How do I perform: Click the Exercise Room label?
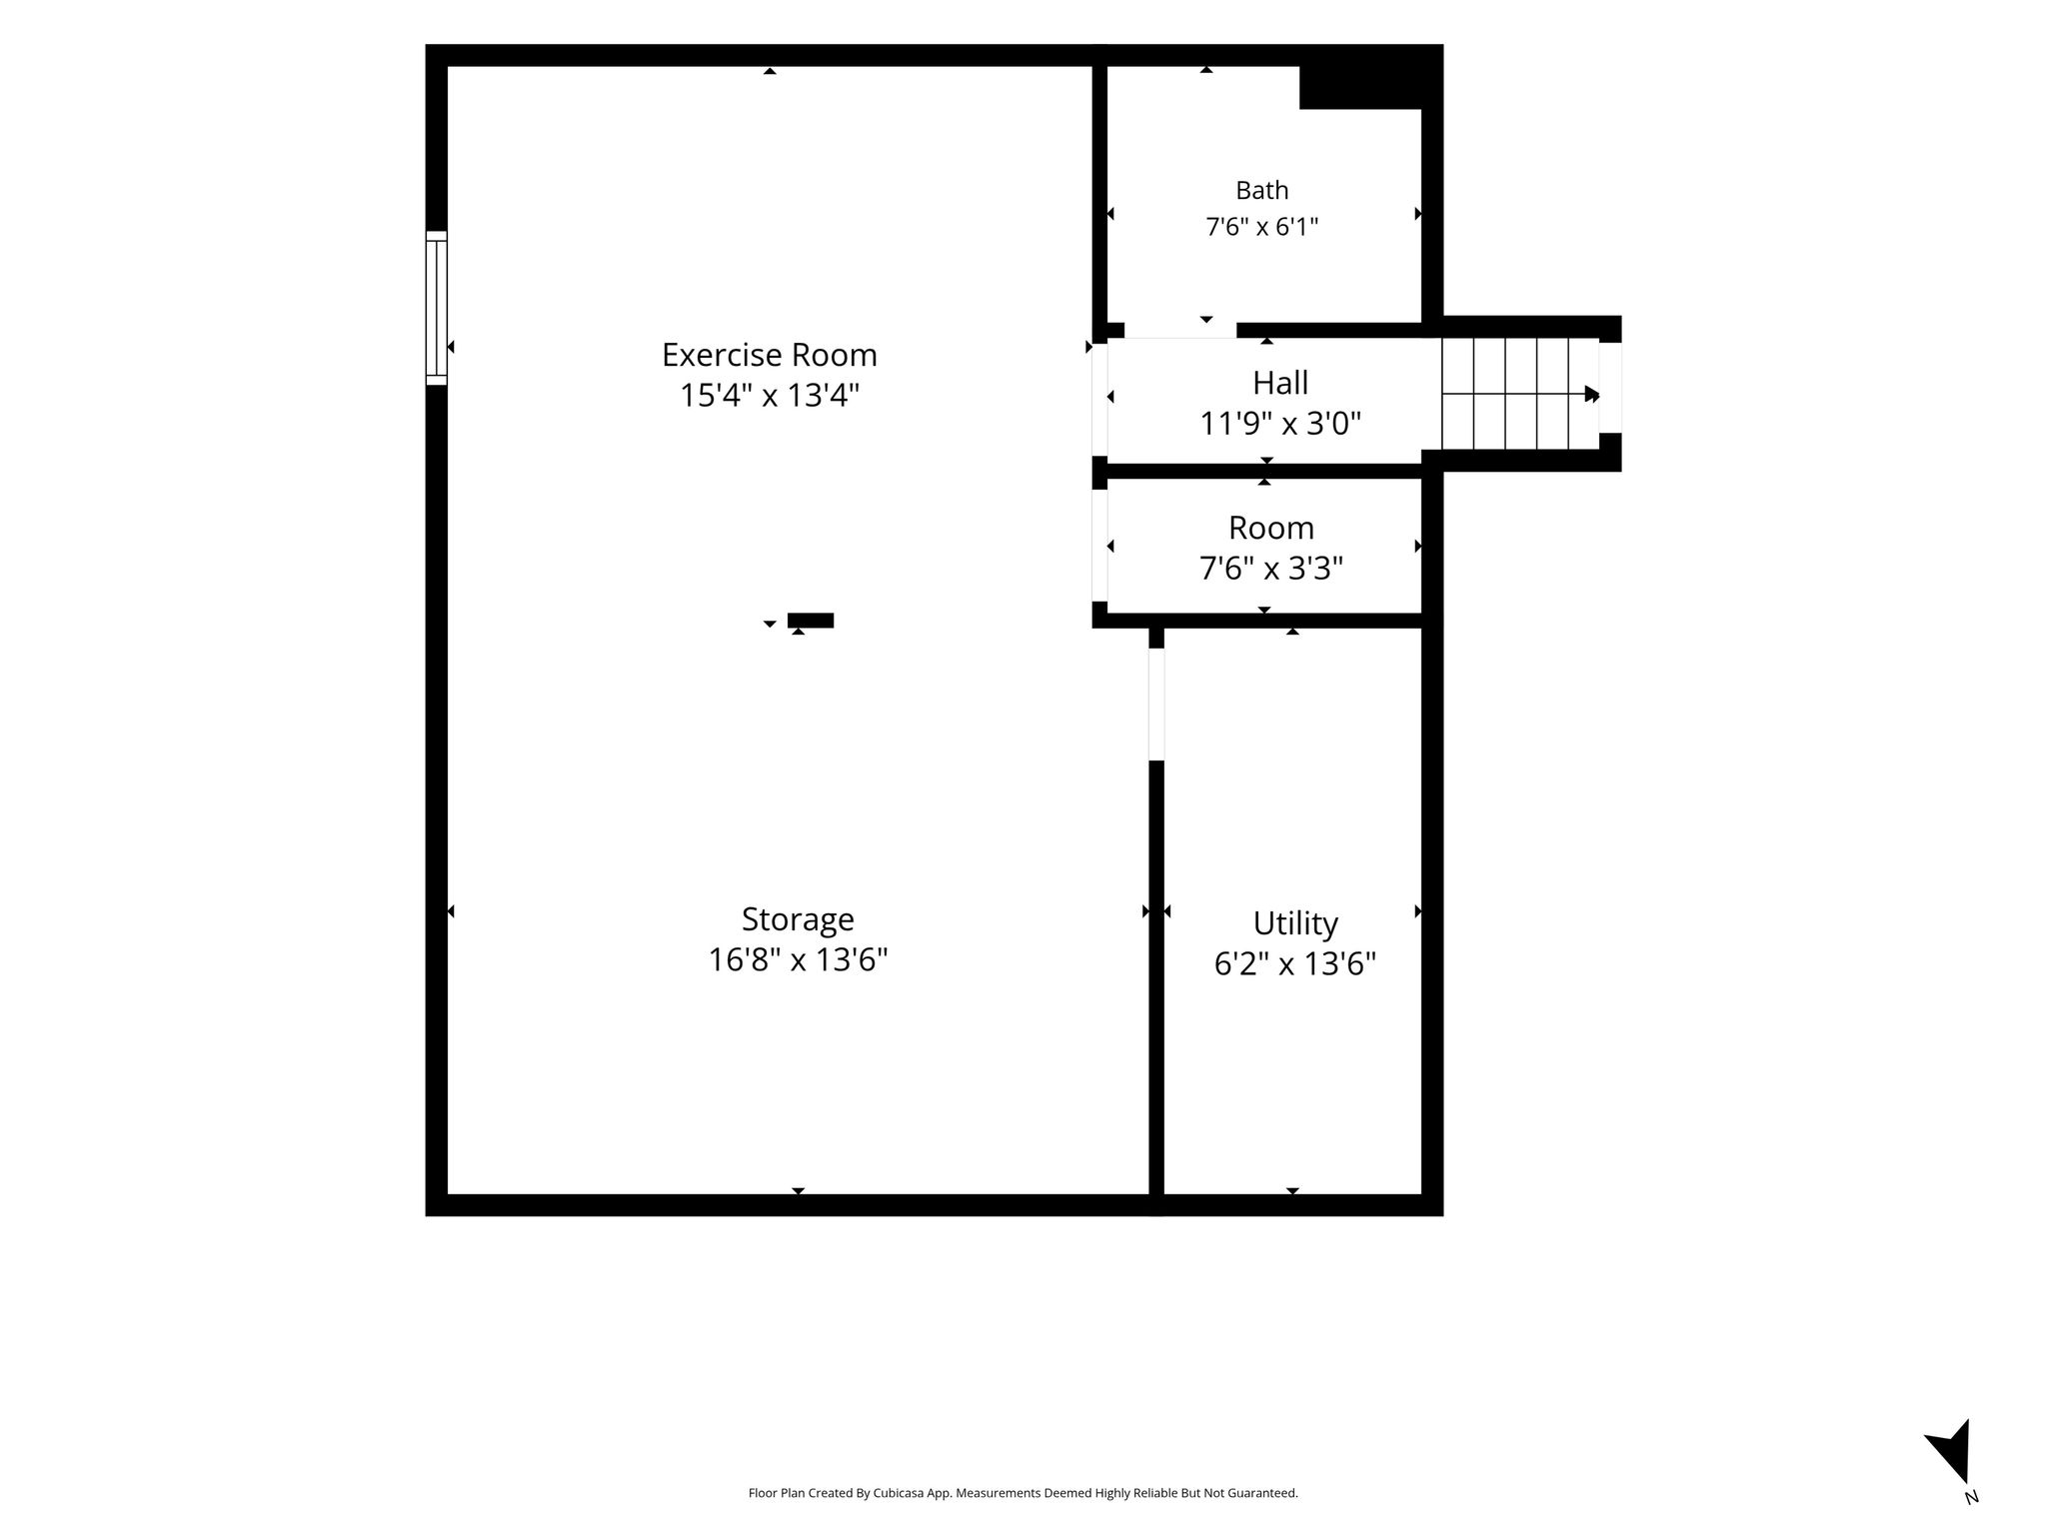click(x=769, y=355)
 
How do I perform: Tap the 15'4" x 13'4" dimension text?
click(x=770, y=396)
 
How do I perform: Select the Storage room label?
click(x=798, y=919)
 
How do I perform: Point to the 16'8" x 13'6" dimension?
click(x=798, y=960)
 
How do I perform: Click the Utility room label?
click(x=1295, y=923)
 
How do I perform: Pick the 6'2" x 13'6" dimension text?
click(x=1295, y=964)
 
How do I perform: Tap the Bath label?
click(x=1262, y=190)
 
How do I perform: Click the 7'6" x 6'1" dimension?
click(x=1262, y=227)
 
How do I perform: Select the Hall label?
click(x=1280, y=383)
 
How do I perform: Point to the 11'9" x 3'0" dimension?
click(x=1280, y=424)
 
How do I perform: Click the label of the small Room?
click(x=1271, y=528)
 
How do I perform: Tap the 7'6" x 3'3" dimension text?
click(x=1271, y=569)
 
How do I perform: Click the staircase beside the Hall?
click(x=1520, y=394)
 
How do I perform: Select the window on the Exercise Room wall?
click(x=436, y=308)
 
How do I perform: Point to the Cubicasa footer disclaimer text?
click(x=1023, y=1493)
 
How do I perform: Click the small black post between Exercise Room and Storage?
click(x=811, y=621)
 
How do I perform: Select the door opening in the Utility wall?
click(x=1156, y=705)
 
